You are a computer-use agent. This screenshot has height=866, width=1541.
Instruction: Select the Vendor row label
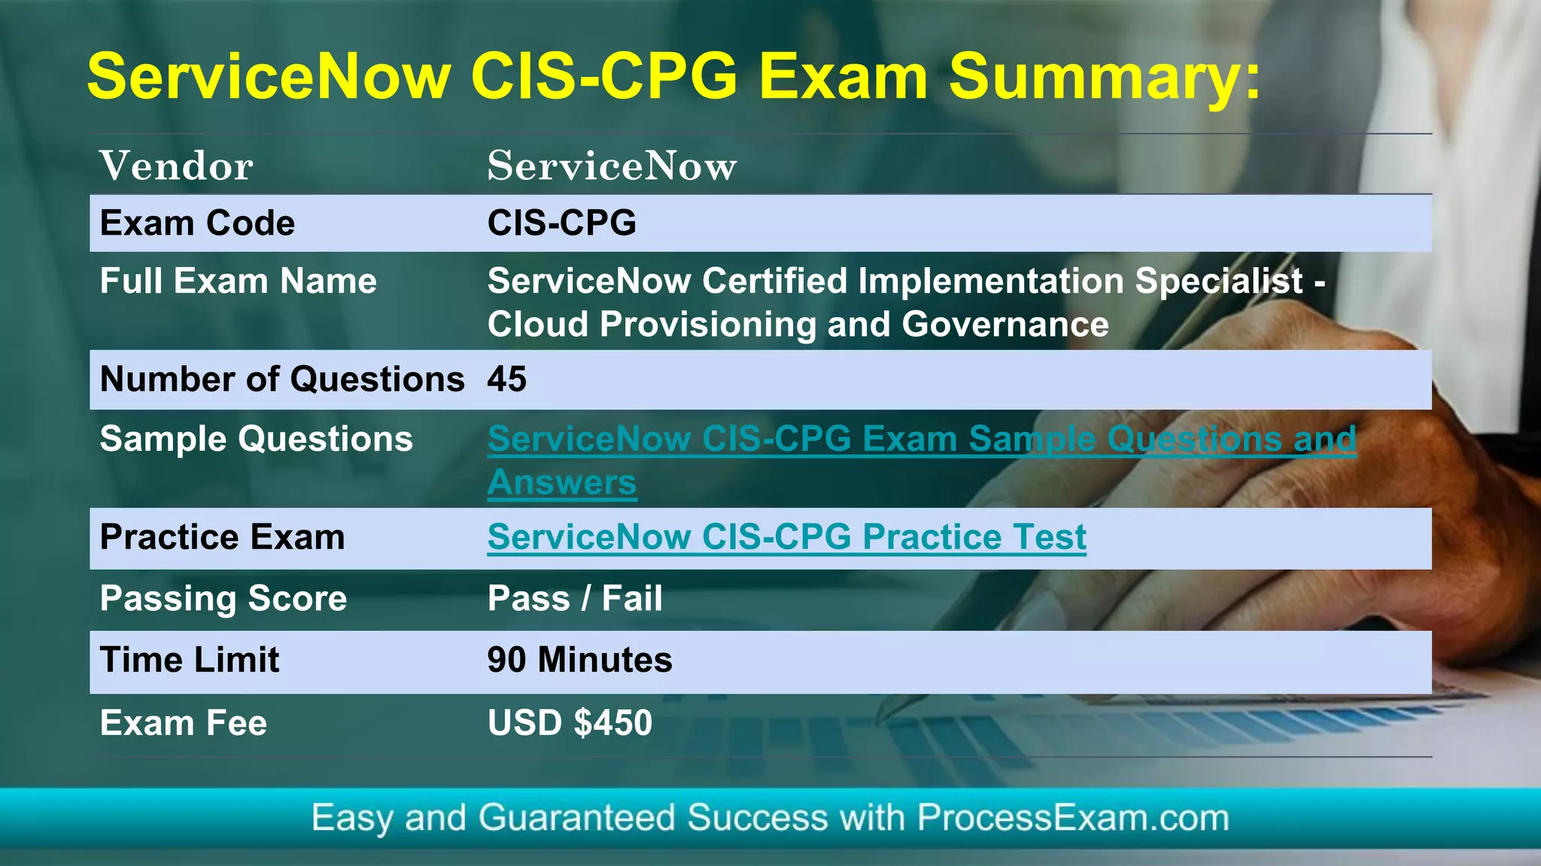[176, 166]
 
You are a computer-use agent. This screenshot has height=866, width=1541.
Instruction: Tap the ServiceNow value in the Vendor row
[612, 166]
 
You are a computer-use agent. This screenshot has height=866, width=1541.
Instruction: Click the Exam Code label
[197, 223]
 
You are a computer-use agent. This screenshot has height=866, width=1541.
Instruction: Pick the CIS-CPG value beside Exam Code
[561, 223]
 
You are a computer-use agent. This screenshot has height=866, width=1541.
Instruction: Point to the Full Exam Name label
[238, 281]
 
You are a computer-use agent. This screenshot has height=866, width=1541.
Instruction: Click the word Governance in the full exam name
[1005, 325]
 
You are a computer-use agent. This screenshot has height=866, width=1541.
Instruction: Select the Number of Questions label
[282, 379]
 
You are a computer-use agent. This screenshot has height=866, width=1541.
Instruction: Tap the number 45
[506, 379]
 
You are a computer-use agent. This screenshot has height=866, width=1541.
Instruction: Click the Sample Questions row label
[256, 439]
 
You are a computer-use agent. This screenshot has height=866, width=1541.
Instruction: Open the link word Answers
[561, 483]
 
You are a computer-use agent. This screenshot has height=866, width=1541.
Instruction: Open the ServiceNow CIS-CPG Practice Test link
[786, 537]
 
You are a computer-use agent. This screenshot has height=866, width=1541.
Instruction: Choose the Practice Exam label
[222, 537]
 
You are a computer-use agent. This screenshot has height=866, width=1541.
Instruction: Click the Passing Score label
[223, 599]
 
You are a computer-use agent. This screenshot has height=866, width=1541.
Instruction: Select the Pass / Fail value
[575, 599]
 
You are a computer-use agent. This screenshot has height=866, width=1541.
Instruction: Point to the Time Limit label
[189, 660]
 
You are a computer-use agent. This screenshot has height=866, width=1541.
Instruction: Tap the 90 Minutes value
[579, 660]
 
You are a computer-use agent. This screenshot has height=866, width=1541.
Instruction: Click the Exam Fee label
[183, 723]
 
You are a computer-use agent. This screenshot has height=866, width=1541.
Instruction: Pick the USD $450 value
[570, 723]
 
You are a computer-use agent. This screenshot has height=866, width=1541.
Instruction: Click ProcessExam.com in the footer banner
[1072, 818]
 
